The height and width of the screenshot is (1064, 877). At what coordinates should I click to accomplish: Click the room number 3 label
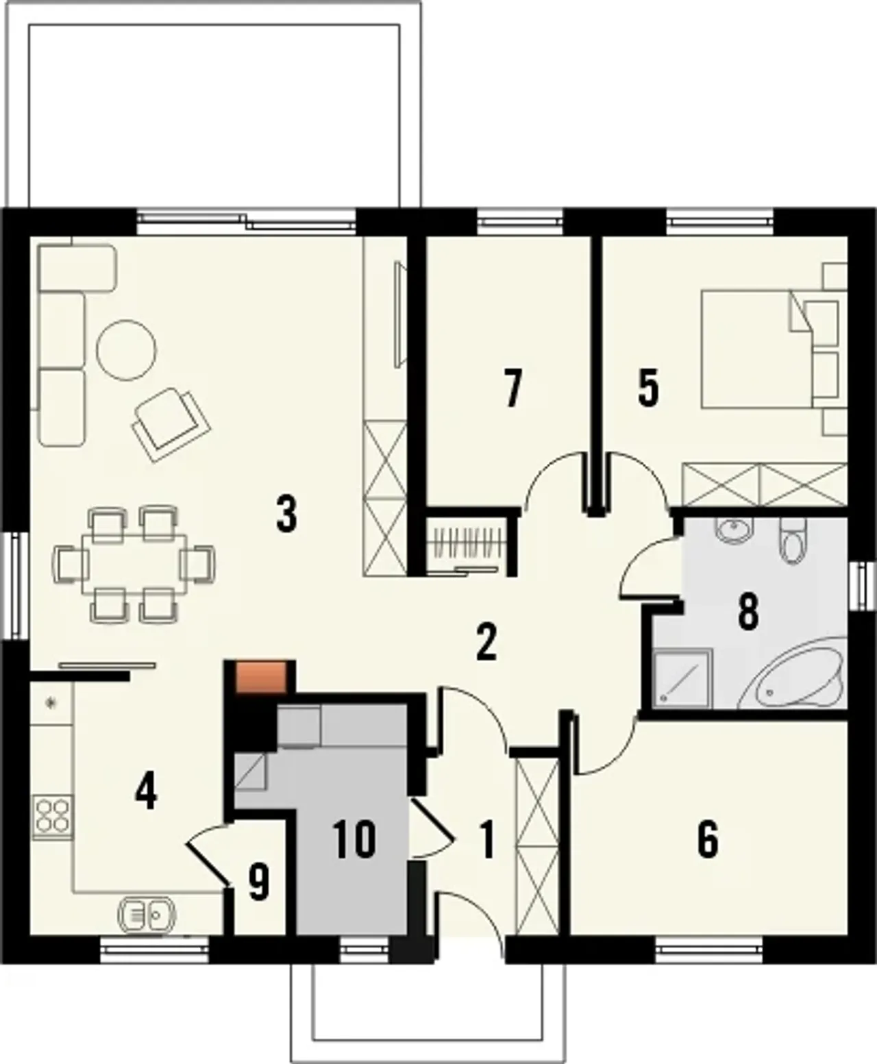(286, 515)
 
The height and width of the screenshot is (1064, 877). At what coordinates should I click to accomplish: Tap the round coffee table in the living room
(126, 349)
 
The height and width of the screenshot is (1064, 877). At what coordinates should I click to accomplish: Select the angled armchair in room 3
(171, 425)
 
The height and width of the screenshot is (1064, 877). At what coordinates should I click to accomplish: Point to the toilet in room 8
(792, 541)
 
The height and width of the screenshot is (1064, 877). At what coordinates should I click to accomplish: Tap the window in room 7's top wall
(520, 221)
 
